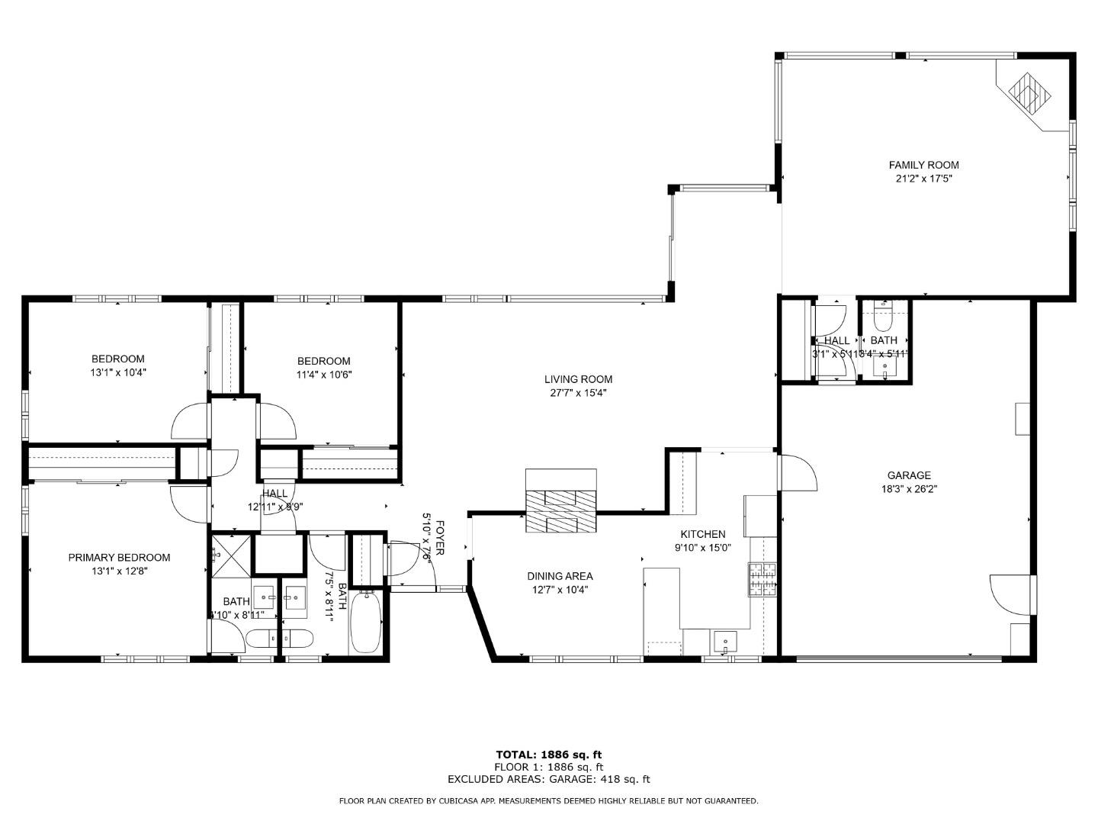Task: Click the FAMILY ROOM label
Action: [x=923, y=165]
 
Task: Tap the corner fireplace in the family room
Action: [x=1029, y=93]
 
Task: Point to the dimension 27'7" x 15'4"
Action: [x=578, y=393]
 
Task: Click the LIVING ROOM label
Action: [x=578, y=379]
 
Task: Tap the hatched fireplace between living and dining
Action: [x=561, y=502]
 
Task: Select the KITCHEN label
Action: [x=702, y=534]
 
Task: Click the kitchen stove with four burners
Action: [x=762, y=579]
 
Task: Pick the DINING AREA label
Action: [x=560, y=576]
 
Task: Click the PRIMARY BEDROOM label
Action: [x=119, y=558]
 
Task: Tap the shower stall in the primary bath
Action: [x=230, y=551]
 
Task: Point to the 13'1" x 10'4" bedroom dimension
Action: [x=118, y=373]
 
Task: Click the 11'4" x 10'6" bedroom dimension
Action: [x=323, y=375]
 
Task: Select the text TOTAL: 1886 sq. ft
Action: [x=548, y=755]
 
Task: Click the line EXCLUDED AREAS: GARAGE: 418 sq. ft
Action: [x=548, y=779]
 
